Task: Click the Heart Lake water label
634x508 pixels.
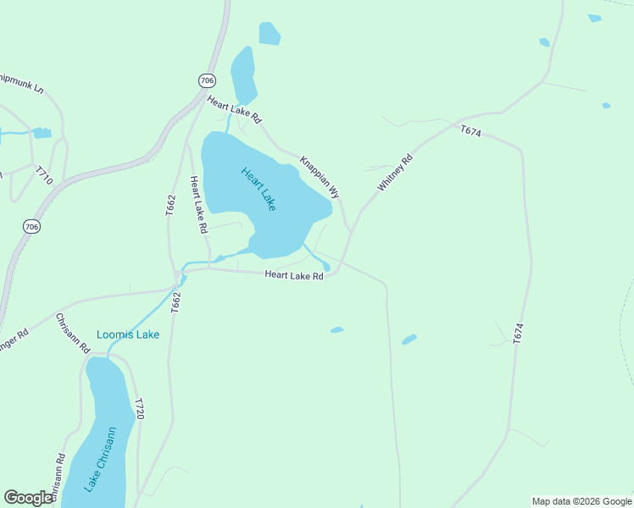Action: [x=259, y=188]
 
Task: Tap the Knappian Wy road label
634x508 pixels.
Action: [x=320, y=176]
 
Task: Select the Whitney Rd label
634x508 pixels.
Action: [x=395, y=172]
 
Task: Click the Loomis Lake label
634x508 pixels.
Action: [x=128, y=334]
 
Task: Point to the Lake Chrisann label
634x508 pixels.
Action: [x=100, y=461]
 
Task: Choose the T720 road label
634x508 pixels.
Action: [x=141, y=409]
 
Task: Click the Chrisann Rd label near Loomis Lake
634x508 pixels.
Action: [x=73, y=333]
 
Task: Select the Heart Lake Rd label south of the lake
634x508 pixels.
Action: [x=294, y=275]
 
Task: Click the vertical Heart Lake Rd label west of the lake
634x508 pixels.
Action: [x=198, y=204]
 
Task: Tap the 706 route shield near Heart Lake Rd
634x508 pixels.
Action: [x=208, y=80]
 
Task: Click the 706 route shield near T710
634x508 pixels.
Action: [x=31, y=226]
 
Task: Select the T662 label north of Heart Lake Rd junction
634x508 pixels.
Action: [x=170, y=206]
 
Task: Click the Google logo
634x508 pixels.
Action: [x=29, y=498]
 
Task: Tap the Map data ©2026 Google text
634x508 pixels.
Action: [x=581, y=501]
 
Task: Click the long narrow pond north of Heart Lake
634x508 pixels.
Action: [x=243, y=74]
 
